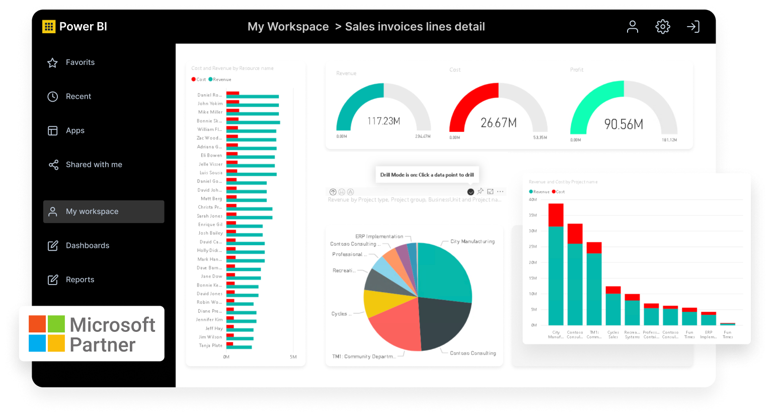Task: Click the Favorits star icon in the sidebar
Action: (52, 62)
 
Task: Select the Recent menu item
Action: (78, 96)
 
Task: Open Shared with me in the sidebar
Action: (94, 165)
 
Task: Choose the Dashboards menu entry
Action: (87, 245)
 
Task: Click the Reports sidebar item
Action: (80, 280)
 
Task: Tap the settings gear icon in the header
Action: (662, 27)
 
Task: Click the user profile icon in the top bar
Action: (632, 27)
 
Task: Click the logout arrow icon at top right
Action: (693, 27)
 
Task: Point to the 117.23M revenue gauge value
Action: (383, 121)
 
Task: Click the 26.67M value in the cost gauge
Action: (498, 123)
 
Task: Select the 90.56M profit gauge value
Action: (624, 124)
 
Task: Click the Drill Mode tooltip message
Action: (427, 175)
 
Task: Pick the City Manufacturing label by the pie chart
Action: (472, 242)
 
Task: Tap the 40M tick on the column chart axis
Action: (532, 199)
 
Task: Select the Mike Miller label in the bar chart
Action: (210, 112)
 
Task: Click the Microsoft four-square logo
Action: (47, 333)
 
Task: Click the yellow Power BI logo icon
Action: (49, 27)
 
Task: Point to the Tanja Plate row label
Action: (210, 345)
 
